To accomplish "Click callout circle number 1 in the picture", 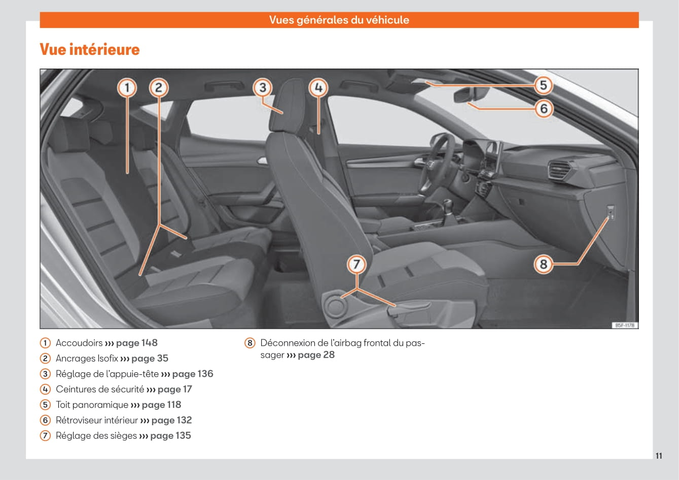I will tap(127, 88).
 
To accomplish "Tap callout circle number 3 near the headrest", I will tap(262, 88).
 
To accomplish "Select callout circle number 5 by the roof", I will tap(543, 85).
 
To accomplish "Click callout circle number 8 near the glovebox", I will tap(543, 264).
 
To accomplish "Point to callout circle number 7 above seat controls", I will tap(356, 264).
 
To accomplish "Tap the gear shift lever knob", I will tap(448, 206).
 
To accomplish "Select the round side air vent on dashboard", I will tap(559, 169).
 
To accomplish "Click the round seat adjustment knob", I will tap(335, 306).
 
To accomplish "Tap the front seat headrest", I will tap(284, 104).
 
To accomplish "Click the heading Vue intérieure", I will tap(90, 50).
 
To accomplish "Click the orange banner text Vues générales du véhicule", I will tap(339, 20).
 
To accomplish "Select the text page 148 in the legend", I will tap(137, 343).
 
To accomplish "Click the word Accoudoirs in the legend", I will tap(79, 343).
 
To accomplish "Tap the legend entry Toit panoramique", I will tap(92, 405).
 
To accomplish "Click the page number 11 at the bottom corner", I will tap(659, 456).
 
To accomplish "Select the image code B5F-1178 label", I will tap(624, 325).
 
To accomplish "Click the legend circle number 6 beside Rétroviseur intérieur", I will tap(46, 420).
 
